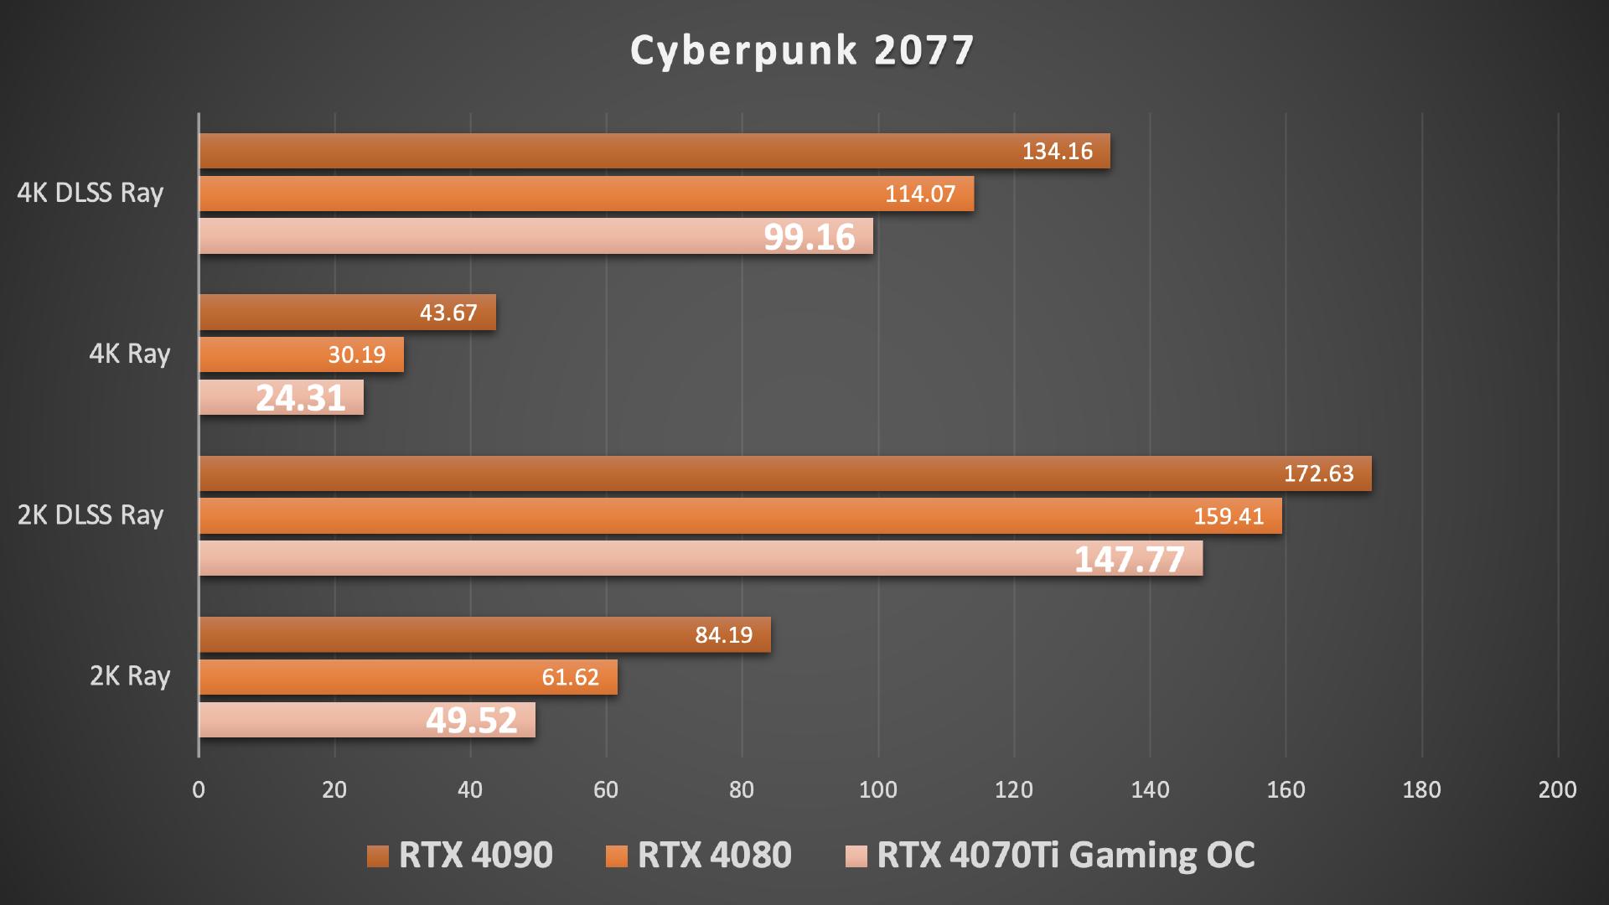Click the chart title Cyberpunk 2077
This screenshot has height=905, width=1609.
point(802,50)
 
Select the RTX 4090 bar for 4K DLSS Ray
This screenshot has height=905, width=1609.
point(654,151)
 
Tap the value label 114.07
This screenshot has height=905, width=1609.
point(920,194)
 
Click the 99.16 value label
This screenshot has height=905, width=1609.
point(809,237)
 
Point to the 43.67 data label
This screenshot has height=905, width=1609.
point(448,313)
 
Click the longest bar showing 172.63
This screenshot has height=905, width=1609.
point(784,473)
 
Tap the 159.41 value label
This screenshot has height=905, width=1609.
point(1229,516)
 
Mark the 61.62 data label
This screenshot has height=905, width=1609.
point(570,677)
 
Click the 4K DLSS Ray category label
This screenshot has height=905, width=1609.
point(91,194)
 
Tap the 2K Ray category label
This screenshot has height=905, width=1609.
point(130,676)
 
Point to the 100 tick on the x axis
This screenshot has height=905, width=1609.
point(878,789)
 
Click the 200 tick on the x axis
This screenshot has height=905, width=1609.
point(1557,789)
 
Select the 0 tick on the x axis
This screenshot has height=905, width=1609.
point(199,789)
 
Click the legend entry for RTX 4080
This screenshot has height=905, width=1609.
point(698,855)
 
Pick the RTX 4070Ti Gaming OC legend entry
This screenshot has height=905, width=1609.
point(1051,855)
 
